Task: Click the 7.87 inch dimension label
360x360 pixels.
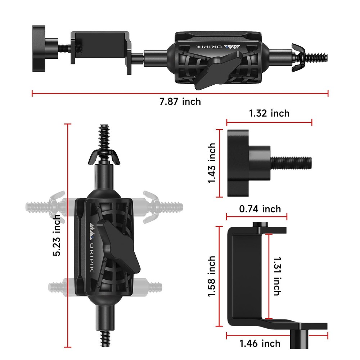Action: tap(180, 102)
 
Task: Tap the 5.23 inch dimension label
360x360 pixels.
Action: tap(57, 236)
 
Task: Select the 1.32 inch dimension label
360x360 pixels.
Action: tap(269, 113)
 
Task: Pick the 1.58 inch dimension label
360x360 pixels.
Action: tap(212, 276)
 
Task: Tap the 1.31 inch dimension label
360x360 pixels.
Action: tap(276, 276)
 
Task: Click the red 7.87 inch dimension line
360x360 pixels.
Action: tap(180, 94)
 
